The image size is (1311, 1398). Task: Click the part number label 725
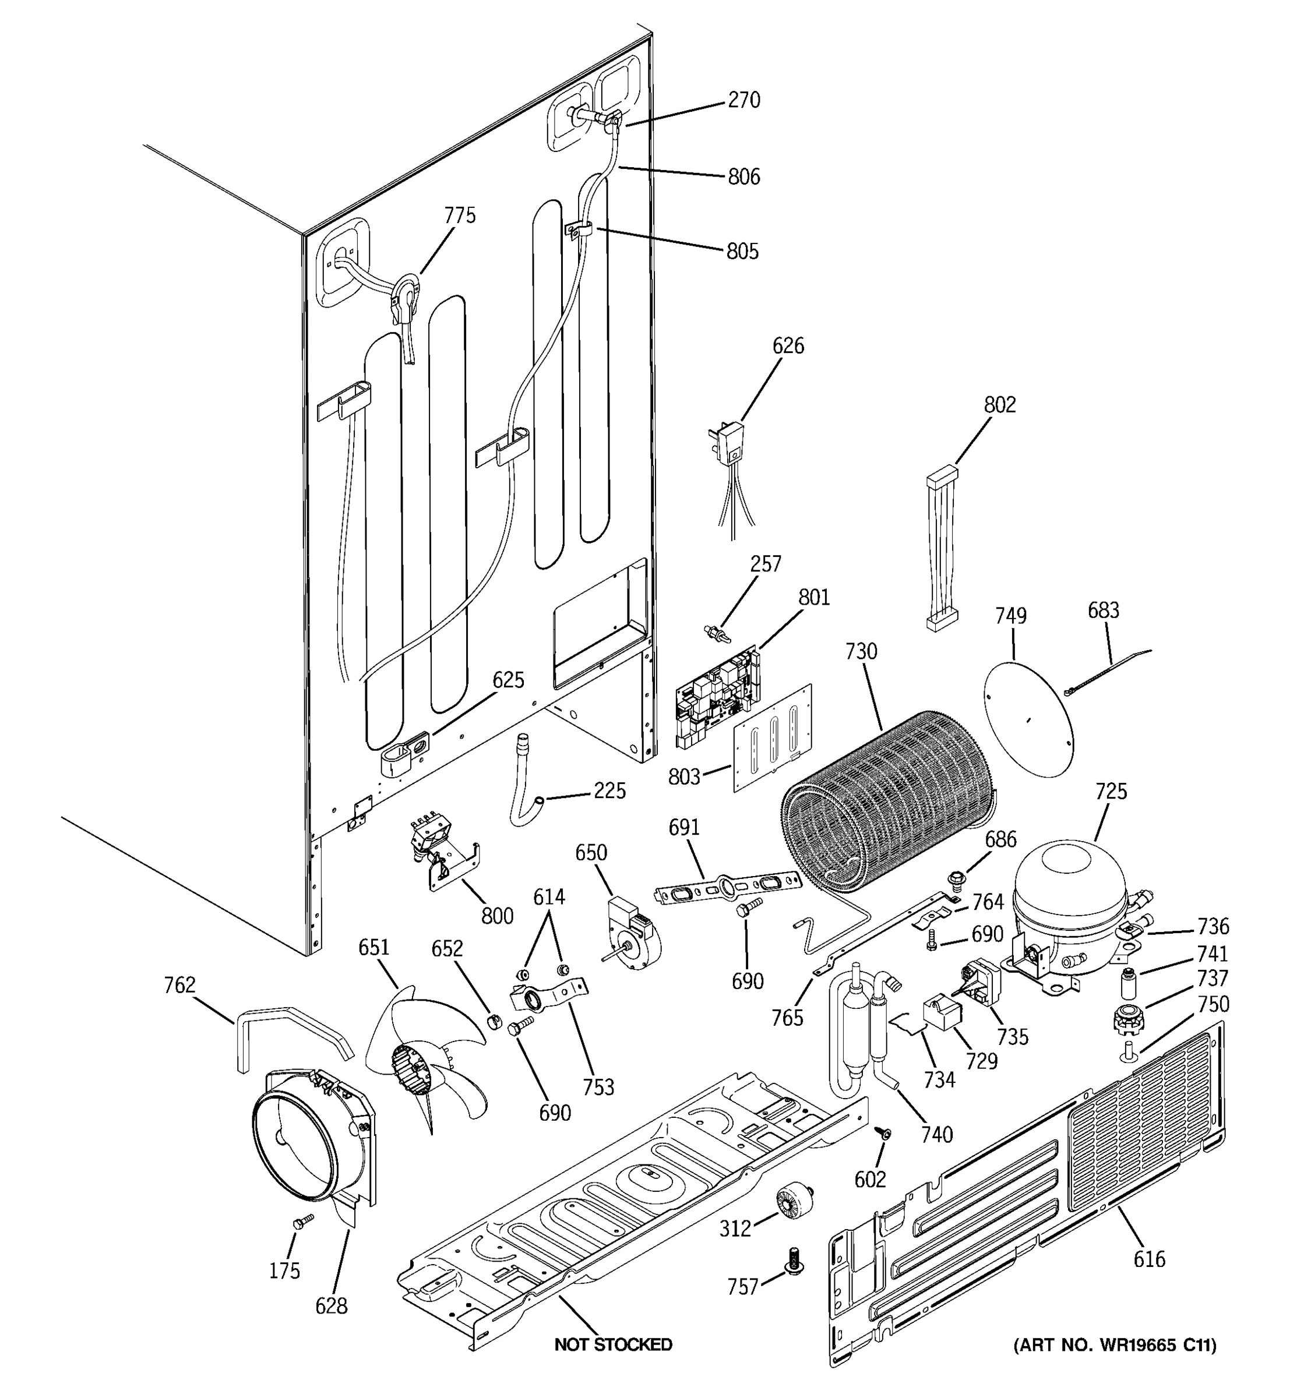click(1111, 791)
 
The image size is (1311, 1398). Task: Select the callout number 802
click(999, 405)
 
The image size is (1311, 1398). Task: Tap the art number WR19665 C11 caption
click(1114, 1344)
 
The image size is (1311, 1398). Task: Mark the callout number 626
click(788, 346)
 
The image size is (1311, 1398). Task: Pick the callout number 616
click(1148, 1259)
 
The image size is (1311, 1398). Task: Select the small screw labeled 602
click(883, 1132)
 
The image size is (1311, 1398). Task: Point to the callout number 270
click(743, 101)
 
